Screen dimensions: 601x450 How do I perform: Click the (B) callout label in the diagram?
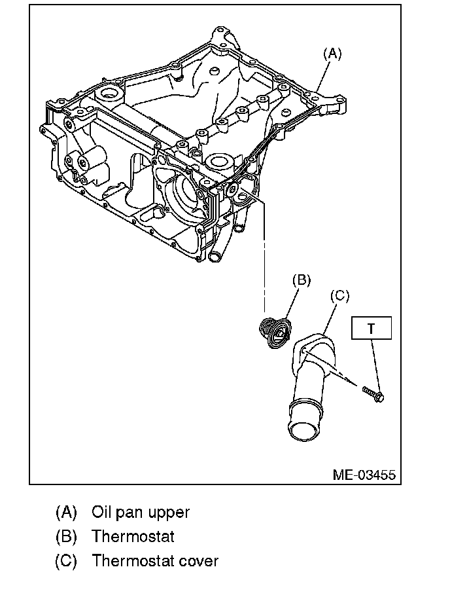tap(301, 280)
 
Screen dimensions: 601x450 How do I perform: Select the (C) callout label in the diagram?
tap(338, 296)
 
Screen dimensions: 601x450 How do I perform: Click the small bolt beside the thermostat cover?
tap(373, 393)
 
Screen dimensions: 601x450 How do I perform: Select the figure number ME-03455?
tap(364, 475)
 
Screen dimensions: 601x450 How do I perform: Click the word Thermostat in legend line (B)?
tap(133, 536)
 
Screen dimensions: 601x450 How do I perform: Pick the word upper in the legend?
tap(168, 513)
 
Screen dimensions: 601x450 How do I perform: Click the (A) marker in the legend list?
tap(66, 511)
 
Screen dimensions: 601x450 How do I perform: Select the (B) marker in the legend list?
tap(66, 536)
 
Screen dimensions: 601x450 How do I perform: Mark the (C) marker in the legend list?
tap(66, 561)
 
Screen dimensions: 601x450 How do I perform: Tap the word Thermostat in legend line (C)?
tap(133, 561)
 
